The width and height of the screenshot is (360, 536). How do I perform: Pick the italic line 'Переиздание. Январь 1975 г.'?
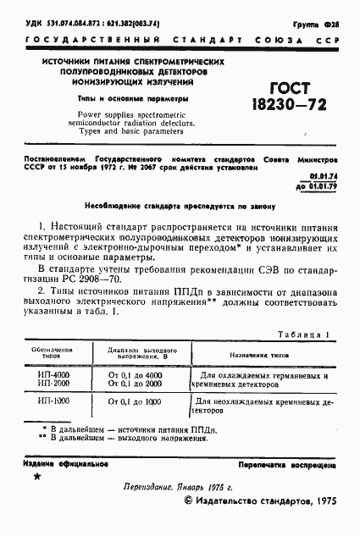(179, 489)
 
